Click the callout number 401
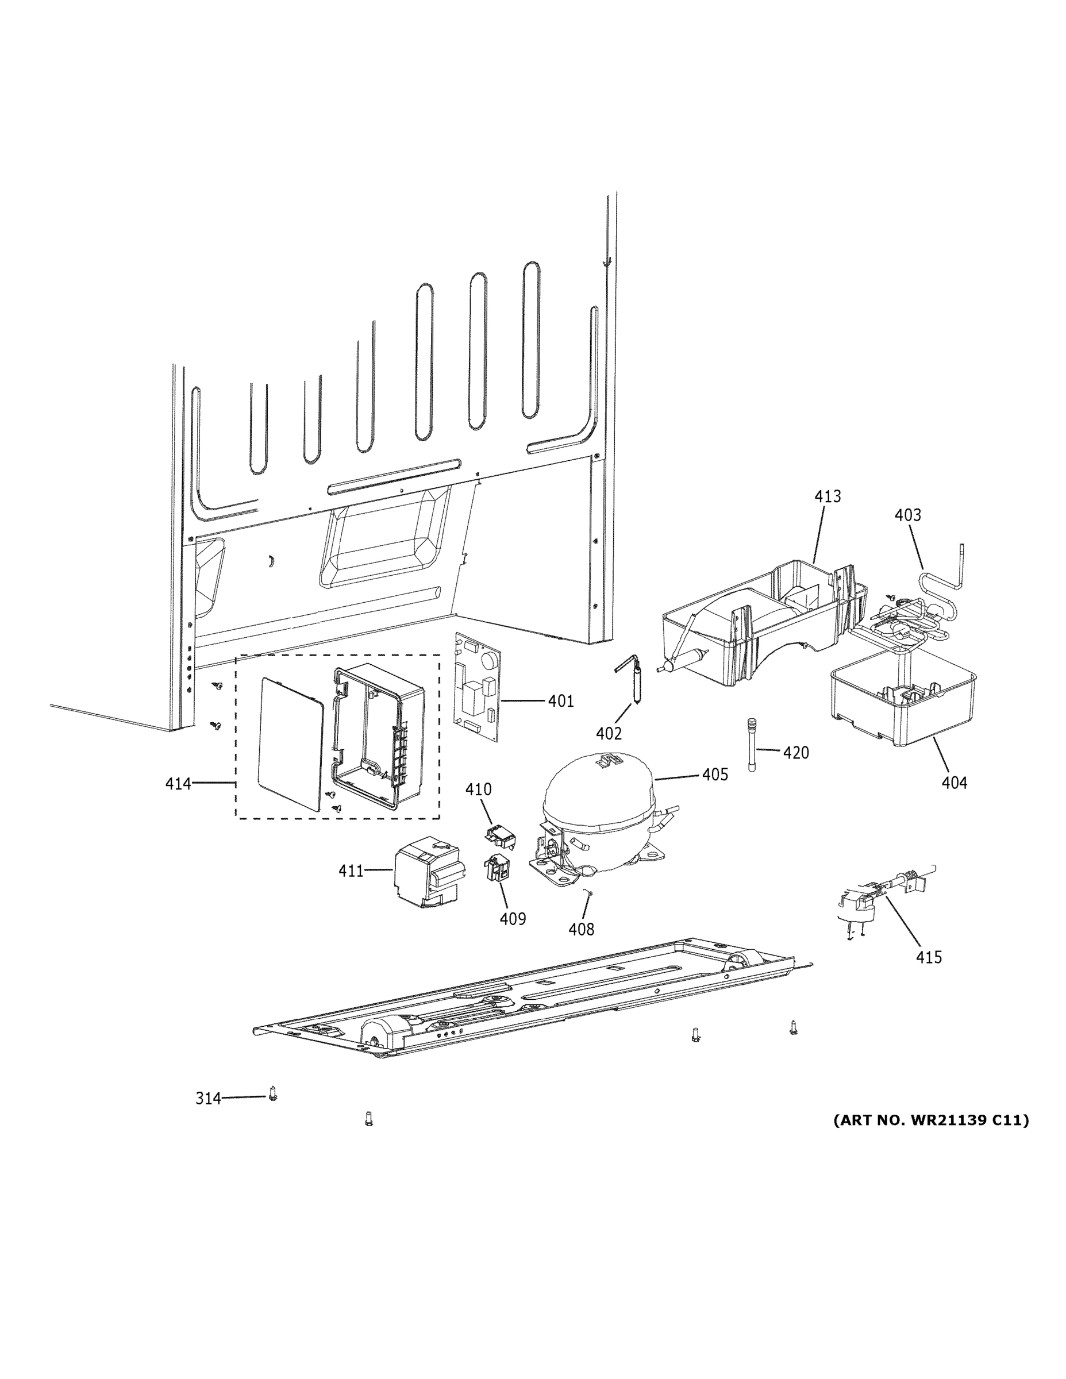(560, 701)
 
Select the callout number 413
(828, 496)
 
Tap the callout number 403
(907, 515)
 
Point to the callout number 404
(953, 783)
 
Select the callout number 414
(178, 784)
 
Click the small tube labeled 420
(752, 744)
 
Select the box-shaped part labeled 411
(426, 871)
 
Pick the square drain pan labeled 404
(903, 701)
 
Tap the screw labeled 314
(273, 1093)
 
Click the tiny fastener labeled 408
(588, 892)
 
